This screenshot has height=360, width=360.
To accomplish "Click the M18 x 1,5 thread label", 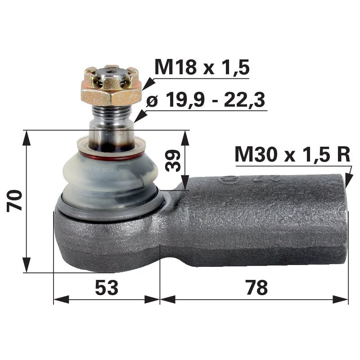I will pos(201,67).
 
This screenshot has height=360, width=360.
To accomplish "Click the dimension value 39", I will pos(173,160).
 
